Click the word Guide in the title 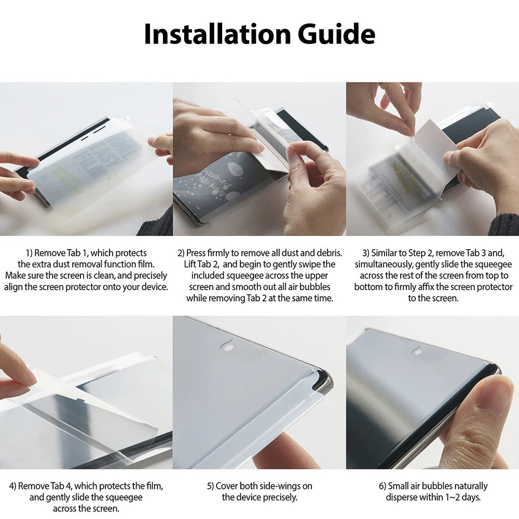[336, 34]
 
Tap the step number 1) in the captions [29, 253]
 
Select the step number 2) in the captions [181, 253]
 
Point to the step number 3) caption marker [366, 253]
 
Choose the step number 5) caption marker [211, 486]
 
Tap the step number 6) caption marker [383, 486]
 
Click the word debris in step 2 [329, 253]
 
